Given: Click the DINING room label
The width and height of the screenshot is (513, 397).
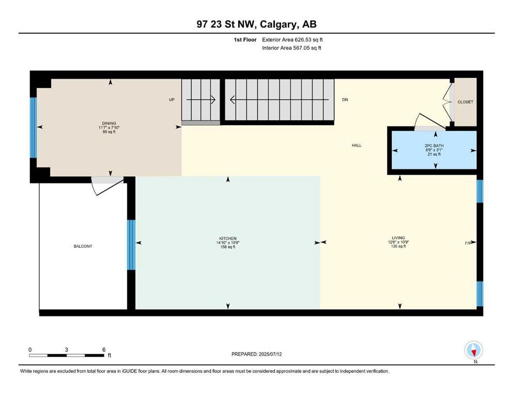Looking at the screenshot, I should point(108,123).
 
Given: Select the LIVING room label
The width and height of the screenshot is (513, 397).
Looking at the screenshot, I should point(398,238).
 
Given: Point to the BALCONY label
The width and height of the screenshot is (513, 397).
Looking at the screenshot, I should point(83,247).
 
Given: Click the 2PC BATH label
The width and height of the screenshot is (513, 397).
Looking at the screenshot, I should point(434,146).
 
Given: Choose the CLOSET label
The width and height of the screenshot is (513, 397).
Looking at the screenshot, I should point(465,102).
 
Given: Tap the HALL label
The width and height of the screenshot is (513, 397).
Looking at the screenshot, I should point(356,146).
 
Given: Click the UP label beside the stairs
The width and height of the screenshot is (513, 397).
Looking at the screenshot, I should point(172,100).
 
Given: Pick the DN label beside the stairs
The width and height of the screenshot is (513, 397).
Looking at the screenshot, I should point(345,100).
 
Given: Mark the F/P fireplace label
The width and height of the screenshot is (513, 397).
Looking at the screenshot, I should point(468,242).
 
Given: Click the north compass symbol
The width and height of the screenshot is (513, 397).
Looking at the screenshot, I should point(473,350).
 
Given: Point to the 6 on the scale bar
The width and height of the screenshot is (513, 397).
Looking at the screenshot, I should point(103,349).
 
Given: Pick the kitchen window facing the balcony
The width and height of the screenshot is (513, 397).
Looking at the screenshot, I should point(131,245).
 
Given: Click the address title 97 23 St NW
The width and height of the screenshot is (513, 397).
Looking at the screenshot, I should point(256,25).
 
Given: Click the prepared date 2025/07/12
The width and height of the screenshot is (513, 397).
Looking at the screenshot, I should point(256,354).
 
